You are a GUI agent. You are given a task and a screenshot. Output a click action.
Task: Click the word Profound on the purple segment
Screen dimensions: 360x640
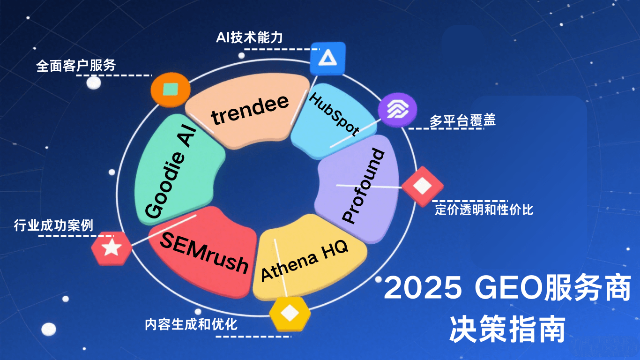[x=364, y=186]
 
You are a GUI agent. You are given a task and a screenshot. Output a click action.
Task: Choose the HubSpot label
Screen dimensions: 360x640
[x=334, y=114]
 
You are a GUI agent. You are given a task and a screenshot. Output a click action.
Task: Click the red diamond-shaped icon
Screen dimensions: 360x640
[x=422, y=186]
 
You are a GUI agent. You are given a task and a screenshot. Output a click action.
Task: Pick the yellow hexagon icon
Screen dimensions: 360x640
[x=290, y=313]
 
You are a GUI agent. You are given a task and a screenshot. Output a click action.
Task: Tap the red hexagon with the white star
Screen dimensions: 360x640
[x=112, y=247]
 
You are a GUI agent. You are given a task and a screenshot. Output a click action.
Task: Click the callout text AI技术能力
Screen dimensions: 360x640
[x=249, y=37]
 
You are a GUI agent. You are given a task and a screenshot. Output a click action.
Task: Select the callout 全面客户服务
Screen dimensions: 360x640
[x=76, y=66]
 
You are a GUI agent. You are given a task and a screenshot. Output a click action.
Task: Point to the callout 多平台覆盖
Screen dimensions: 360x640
[x=462, y=120]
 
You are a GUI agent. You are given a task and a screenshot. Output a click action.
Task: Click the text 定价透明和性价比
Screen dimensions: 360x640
[x=484, y=209]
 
